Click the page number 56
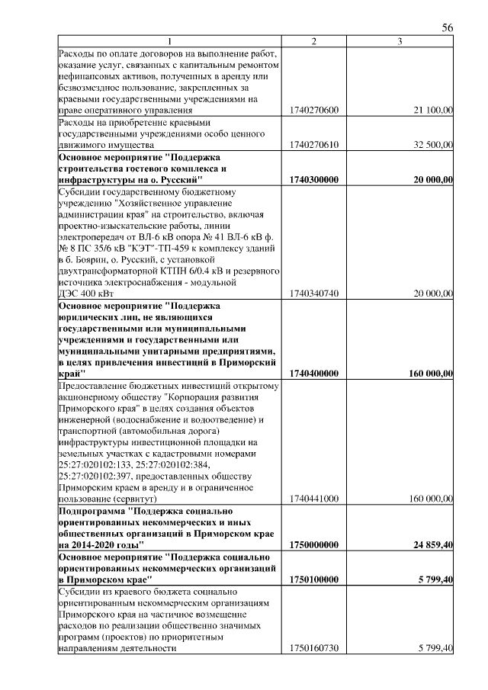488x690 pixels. point(448,28)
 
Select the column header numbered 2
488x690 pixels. point(314,41)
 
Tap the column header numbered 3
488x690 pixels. point(400,41)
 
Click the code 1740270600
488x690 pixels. point(314,111)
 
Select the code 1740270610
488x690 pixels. point(314,144)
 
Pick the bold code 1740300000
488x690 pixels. point(314,178)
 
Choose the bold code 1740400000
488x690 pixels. point(314,374)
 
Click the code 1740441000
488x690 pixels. point(314,499)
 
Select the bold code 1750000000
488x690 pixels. point(314,545)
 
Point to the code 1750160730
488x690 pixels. point(314,648)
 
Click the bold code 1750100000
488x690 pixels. point(314,579)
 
